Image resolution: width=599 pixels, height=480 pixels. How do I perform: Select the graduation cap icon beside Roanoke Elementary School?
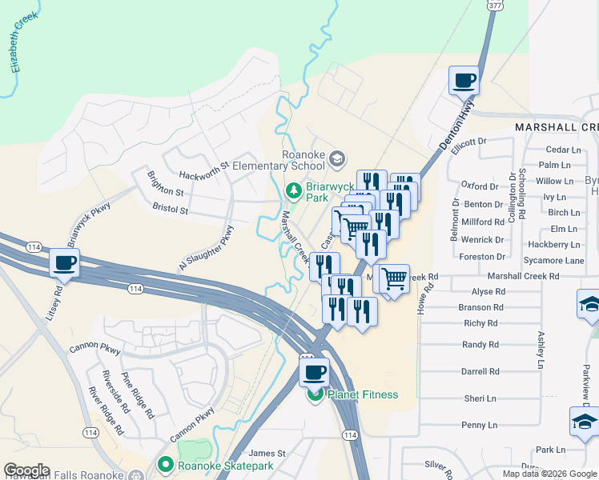(337, 158)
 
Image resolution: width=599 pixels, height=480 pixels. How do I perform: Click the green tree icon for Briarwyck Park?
(294, 191)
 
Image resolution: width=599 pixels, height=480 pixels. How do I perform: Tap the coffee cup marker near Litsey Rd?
(64, 262)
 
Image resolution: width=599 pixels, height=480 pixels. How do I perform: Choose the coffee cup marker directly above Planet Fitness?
(314, 372)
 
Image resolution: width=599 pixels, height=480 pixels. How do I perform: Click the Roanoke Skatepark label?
(227, 465)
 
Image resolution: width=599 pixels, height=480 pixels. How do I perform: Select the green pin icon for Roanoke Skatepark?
(167, 464)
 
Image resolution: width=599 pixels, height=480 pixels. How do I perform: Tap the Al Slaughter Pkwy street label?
(207, 248)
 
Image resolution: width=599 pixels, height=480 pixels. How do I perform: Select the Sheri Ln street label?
(480, 398)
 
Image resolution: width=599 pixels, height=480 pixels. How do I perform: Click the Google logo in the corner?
(26, 470)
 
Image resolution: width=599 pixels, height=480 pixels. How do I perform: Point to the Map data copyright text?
(549, 474)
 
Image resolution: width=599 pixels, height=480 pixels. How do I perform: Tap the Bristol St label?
(169, 210)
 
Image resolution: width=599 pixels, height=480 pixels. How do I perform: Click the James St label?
(268, 454)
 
